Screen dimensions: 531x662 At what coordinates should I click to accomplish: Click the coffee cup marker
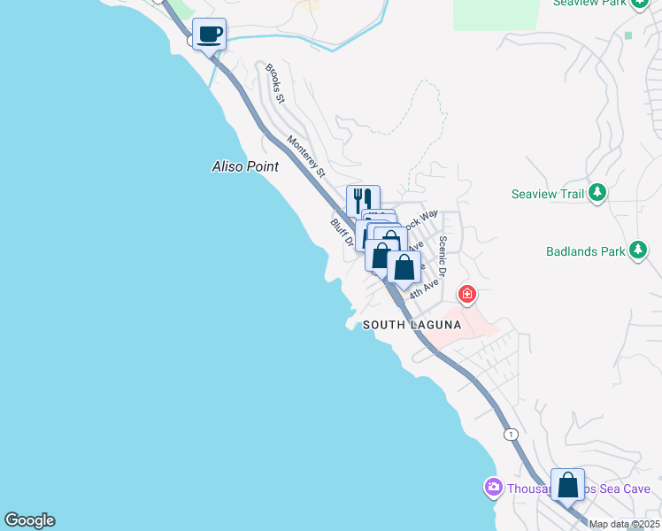coord(209,35)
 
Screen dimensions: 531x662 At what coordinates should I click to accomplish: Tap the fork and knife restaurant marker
coord(363,201)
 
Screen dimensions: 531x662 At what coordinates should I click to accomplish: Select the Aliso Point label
coord(245,166)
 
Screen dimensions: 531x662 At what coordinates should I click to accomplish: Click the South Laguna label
coord(412,325)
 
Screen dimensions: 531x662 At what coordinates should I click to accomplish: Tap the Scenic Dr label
coord(446,257)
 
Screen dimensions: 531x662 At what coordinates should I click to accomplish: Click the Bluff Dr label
coord(343,233)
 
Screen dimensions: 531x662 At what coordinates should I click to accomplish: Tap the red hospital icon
coord(466,293)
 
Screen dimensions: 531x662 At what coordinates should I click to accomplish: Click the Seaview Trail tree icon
coord(597,193)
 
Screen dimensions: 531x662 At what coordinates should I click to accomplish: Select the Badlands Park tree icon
coord(637,250)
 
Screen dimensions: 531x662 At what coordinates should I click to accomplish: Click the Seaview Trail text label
coord(549,194)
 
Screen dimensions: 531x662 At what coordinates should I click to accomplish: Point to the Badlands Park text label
coord(580,250)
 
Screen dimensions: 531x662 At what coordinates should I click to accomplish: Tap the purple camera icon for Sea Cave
coord(493,488)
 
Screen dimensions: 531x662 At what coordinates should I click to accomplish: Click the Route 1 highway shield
coord(511,434)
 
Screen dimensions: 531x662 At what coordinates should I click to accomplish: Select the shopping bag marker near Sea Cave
coord(567,485)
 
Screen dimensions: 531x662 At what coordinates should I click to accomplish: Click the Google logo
coord(29,520)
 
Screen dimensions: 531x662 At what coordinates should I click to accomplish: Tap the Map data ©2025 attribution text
coord(624,524)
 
